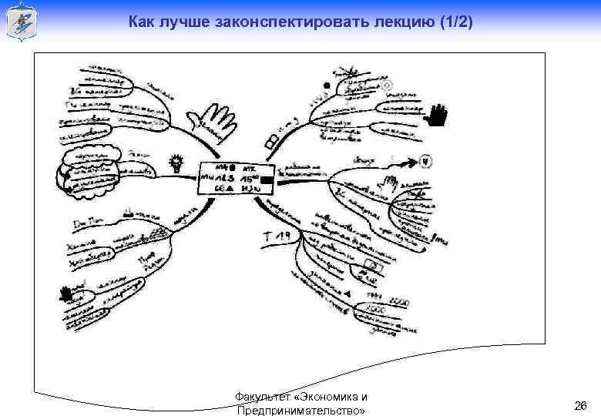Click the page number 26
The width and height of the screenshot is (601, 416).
[x=581, y=405]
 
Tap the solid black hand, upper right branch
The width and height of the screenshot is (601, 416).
[x=438, y=116]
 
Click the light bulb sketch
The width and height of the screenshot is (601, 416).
[x=176, y=163]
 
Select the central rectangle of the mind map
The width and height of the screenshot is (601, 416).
[x=236, y=178]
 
